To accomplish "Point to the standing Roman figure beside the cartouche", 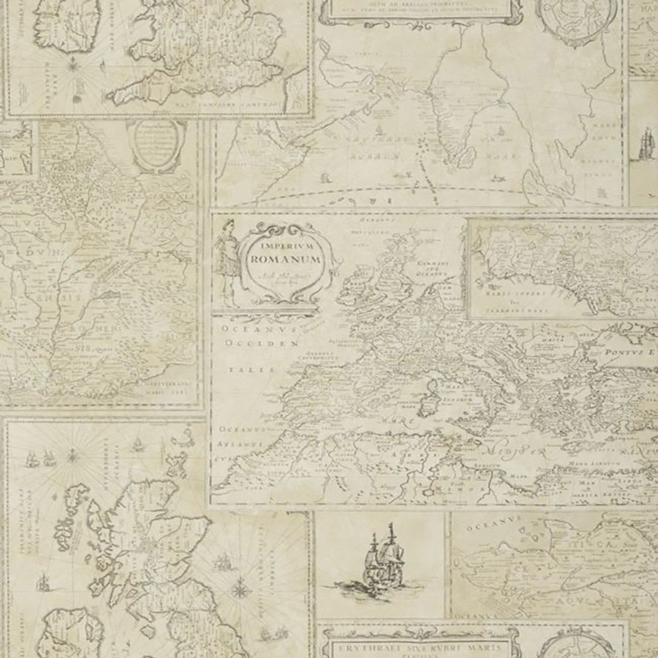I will [227, 257].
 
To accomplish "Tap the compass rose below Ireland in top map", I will [73, 67].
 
